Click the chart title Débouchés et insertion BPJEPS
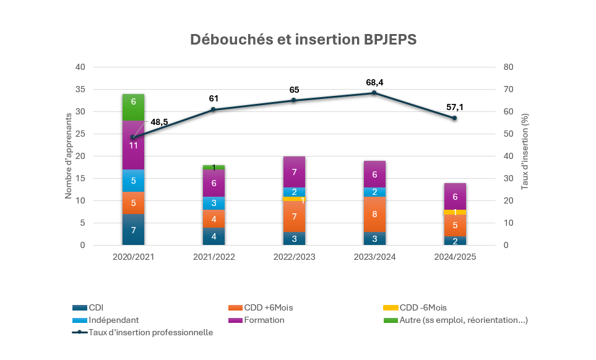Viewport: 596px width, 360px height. tap(303, 39)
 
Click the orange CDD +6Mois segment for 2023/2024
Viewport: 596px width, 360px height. tap(374, 214)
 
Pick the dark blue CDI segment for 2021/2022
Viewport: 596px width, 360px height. tap(214, 236)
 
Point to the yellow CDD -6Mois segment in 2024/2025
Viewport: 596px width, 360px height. tap(455, 212)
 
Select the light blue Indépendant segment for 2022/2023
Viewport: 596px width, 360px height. tap(294, 192)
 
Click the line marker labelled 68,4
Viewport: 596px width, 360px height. tap(374, 93)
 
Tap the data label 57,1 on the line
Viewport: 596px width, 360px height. tap(455, 107)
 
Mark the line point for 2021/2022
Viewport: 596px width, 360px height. tap(214, 109)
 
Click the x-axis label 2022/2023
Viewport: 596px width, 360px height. tap(294, 256)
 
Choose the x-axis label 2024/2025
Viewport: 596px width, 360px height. tap(455, 256)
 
